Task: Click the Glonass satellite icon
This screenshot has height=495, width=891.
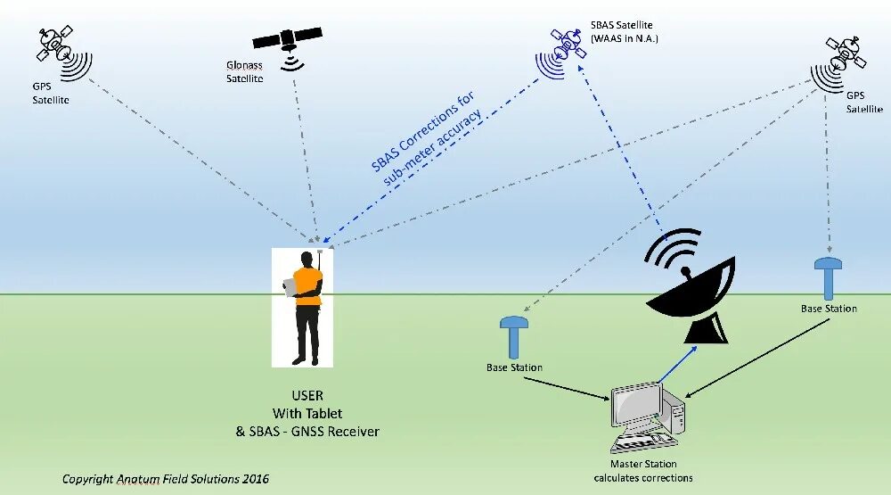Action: click(x=289, y=40)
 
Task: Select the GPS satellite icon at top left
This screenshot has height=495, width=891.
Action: click(x=57, y=43)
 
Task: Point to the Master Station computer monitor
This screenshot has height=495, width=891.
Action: click(x=636, y=406)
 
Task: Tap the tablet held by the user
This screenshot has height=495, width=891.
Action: click(x=290, y=286)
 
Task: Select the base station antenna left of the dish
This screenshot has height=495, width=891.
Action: click(x=514, y=335)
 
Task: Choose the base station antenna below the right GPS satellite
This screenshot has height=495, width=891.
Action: click(x=829, y=276)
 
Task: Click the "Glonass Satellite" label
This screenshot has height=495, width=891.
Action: click(x=244, y=72)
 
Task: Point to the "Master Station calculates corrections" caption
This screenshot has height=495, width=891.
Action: click(x=642, y=471)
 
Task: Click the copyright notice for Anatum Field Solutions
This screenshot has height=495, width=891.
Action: click(x=165, y=479)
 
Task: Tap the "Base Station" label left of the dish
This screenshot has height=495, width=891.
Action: click(x=514, y=367)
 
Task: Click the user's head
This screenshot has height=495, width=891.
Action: click(x=308, y=259)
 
